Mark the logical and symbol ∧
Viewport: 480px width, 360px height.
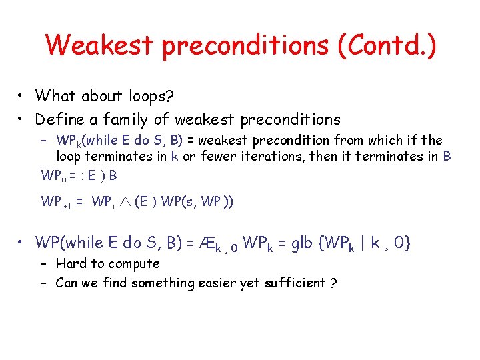click(x=125, y=202)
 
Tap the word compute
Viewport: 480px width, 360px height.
click(x=131, y=264)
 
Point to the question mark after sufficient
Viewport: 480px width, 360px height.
click(x=333, y=283)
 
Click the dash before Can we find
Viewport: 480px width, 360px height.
click(x=45, y=283)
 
